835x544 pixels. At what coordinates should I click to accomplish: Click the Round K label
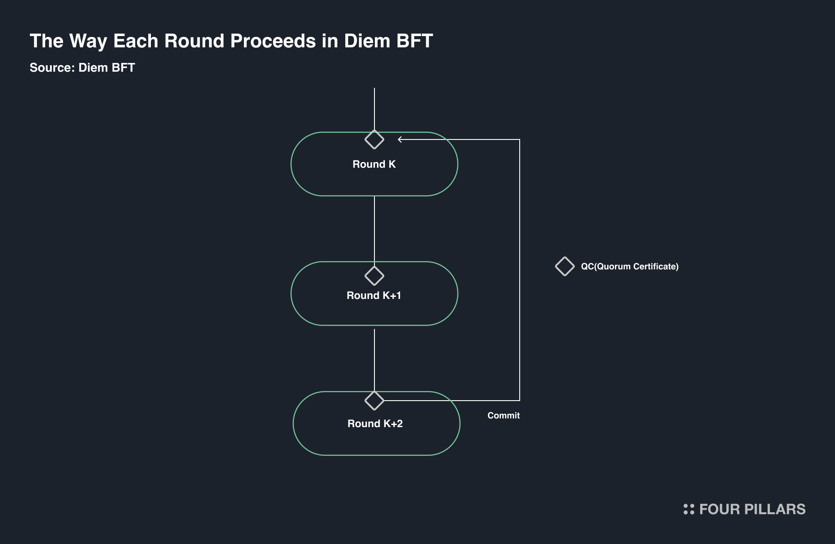tap(374, 164)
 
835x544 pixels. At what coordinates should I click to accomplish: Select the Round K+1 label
tap(374, 295)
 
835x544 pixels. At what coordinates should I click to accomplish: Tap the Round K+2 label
tap(375, 424)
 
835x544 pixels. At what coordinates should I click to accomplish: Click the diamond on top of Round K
tap(374, 139)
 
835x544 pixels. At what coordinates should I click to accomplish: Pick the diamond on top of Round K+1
tap(374, 275)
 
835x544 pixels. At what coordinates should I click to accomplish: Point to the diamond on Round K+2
tap(374, 401)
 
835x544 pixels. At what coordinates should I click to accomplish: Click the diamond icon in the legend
tap(564, 266)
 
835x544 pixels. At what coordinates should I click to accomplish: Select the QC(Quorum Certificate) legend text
tap(629, 266)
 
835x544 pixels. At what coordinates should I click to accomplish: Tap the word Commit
tap(503, 415)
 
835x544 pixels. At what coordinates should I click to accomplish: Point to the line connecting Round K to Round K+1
tap(374, 228)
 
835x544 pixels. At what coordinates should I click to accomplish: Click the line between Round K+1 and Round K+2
tap(374, 358)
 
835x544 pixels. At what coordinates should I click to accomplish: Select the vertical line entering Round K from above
tap(374, 109)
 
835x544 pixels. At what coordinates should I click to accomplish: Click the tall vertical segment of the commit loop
tap(520, 269)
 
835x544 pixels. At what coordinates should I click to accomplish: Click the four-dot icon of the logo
tap(688, 509)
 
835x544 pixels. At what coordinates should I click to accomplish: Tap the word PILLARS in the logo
tap(775, 509)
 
